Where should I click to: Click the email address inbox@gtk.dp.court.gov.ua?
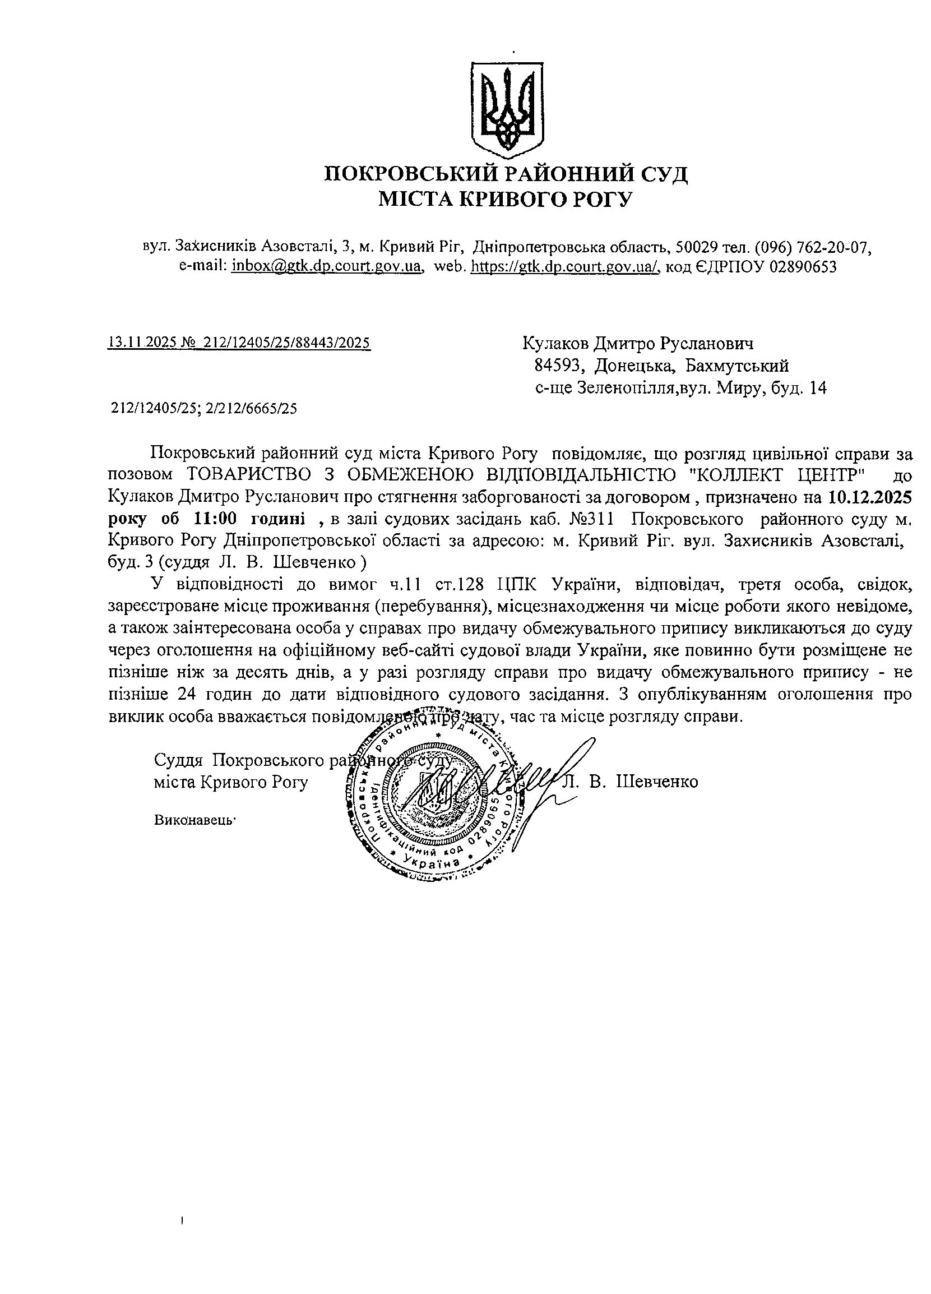[327, 266]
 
